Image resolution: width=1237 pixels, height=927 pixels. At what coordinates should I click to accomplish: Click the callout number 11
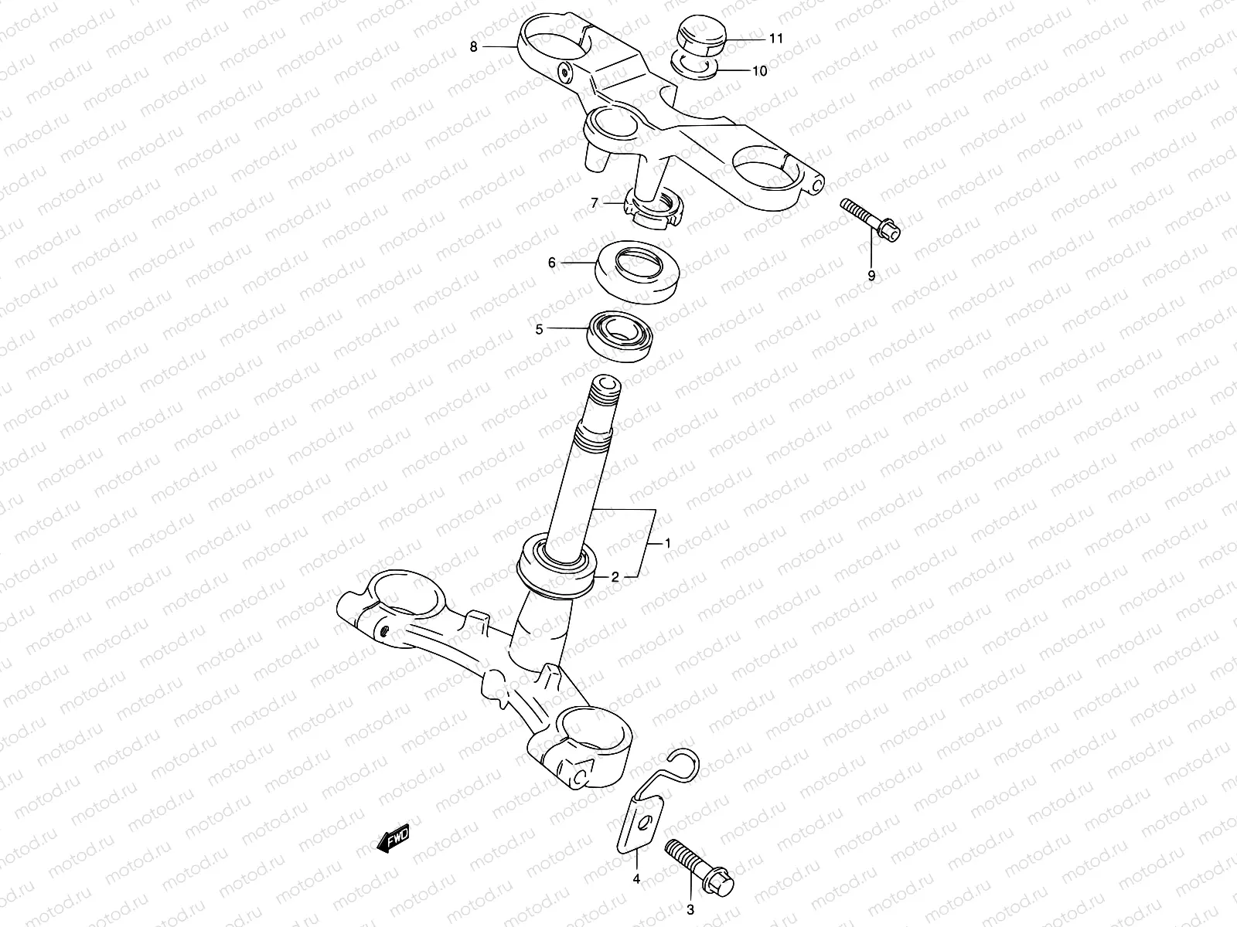pyautogui.click(x=775, y=38)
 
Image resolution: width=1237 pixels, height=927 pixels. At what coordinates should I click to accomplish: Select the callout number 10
pyautogui.click(x=759, y=71)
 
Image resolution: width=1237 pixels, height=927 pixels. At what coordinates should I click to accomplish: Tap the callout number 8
pyautogui.click(x=473, y=46)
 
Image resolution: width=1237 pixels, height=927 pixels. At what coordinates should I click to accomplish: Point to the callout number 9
pyautogui.click(x=871, y=276)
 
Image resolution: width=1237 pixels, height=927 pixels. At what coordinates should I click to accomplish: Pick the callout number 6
pyautogui.click(x=552, y=263)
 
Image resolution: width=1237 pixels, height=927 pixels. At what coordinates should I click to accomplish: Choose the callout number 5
pyautogui.click(x=561, y=329)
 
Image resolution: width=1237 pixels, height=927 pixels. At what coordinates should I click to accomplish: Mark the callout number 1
pyautogui.click(x=667, y=544)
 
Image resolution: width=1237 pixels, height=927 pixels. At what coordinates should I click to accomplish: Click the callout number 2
pyautogui.click(x=615, y=576)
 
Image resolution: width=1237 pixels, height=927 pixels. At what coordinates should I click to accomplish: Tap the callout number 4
pyautogui.click(x=636, y=878)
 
